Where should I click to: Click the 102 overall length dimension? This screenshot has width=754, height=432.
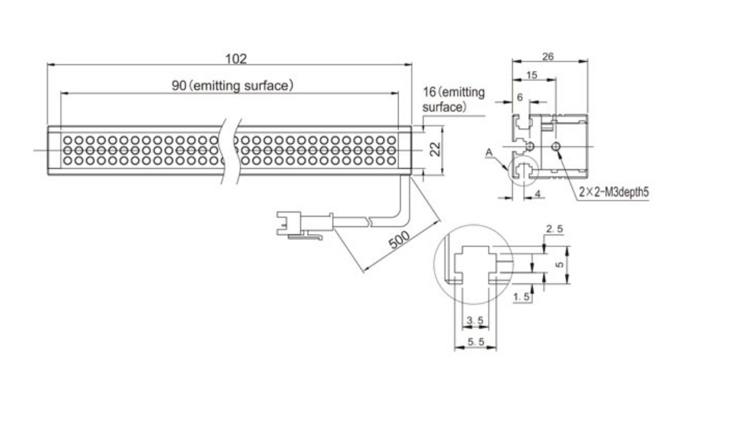tap(235, 59)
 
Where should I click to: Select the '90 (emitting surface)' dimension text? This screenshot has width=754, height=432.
tap(232, 86)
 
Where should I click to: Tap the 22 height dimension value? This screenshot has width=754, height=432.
tap(436, 150)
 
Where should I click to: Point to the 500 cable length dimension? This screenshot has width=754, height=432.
tap(399, 239)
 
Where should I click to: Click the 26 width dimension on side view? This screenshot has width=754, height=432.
tap(548, 56)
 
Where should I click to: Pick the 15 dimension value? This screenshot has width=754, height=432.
tap(531, 75)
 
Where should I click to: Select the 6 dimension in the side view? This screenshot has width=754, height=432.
tap(519, 97)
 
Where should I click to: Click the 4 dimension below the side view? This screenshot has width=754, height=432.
tap(537, 193)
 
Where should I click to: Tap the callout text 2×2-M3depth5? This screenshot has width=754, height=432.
tap(613, 192)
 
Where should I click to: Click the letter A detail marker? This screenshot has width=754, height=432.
tap(489, 152)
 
